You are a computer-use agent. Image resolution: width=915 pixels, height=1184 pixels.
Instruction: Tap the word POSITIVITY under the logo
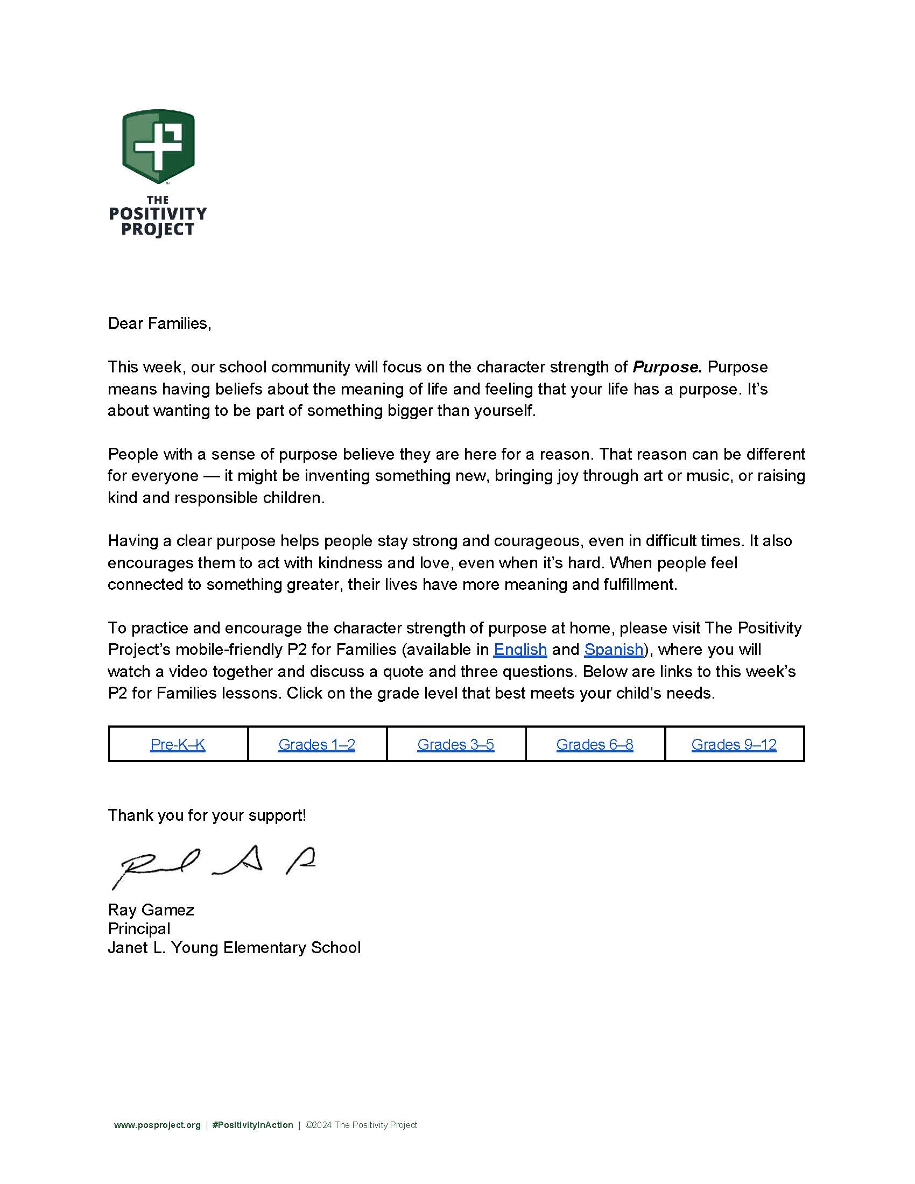(158, 214)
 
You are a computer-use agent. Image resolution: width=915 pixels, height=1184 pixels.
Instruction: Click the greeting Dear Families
(159, 323)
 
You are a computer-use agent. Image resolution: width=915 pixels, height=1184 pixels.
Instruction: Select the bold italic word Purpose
(667, 367)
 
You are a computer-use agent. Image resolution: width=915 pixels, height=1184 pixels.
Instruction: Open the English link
(520, 650)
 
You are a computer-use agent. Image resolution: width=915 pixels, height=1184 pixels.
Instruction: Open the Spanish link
(614, 650)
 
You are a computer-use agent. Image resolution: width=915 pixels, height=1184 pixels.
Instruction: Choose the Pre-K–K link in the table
(178, 744)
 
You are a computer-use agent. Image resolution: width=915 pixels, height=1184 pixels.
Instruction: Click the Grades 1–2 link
(316, 744)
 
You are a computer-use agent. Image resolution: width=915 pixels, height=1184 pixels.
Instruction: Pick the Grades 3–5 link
(455, 744)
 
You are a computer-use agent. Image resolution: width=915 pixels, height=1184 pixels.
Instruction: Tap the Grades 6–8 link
(595, 744)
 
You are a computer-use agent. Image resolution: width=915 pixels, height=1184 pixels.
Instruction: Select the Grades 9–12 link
(734, 744)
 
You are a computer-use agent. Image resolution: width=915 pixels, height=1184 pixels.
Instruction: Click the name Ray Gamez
(151, 910)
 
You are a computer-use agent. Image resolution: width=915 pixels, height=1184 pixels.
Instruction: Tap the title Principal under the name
(139, 929)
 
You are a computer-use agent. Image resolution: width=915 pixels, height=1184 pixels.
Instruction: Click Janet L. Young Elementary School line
(234, 948)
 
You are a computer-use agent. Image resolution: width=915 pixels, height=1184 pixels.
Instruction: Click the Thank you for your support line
(207, 815)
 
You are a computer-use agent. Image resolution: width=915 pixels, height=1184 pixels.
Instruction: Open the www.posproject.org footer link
(157, 1125)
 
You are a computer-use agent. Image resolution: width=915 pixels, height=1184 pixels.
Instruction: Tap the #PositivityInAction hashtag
(252, 1125)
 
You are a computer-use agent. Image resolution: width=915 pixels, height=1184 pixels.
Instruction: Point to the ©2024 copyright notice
(361, 1125)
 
